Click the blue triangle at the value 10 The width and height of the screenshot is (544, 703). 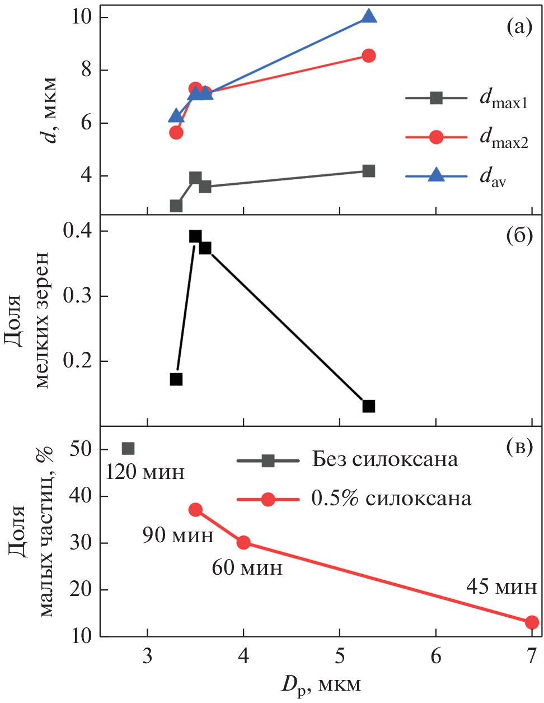(x=368, y=16)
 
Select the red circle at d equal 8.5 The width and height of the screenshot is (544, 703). (x=368, y=55)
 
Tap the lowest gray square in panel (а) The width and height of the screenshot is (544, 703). (x=176, y=206)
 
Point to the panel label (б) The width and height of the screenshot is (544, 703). (x=518, y=236)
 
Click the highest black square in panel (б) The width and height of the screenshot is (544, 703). (x=195, y=236)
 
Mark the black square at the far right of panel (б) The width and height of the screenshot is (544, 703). (x=368, y=406)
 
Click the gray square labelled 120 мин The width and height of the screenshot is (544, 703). (x=128, y=448)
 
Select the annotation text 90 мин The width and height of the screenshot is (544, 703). (x=178, y=536)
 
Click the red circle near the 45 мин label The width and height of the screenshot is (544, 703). (x=532, y=622)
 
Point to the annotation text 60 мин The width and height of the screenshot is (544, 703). (x=247, y=568)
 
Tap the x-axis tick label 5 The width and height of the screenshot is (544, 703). (x=340, y=656)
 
